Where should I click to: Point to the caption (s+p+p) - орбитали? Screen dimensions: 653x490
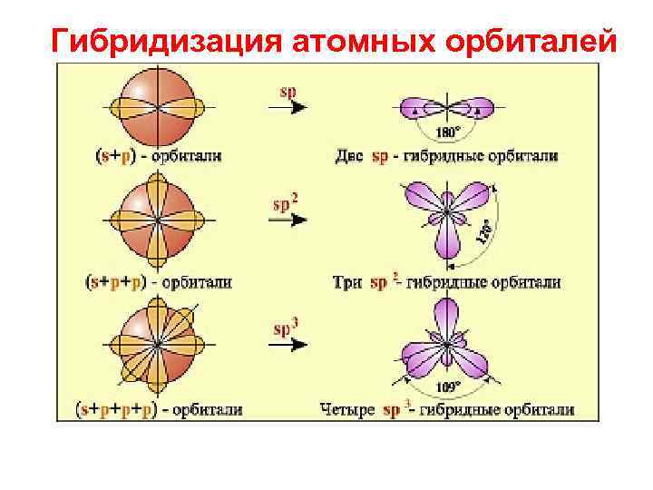(159, 282)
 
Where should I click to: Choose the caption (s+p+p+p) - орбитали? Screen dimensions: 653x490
(159, 410)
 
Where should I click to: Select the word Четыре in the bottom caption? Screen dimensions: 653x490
(347, 410)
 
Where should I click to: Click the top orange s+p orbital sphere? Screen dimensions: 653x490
(158, 107)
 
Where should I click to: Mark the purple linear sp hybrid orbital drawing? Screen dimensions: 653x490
(444, 107)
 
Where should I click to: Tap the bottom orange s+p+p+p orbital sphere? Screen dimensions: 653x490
(158, 345)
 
